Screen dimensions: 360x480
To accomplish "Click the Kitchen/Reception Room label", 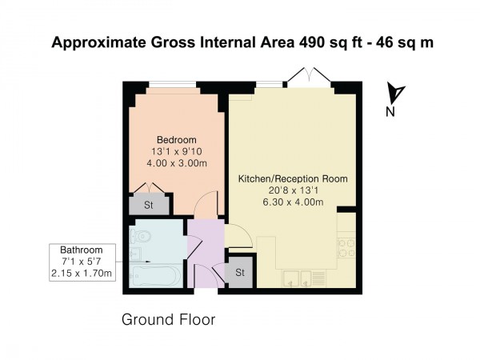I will click(293, 178).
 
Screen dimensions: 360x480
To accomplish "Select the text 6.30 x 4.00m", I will click(293, 202).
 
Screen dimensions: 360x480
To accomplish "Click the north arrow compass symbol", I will click(394, 94).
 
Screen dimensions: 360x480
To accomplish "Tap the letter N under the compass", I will click(390, 113).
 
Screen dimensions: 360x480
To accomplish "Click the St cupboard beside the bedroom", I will click(149, 205).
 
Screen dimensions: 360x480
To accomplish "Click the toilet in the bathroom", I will click(142, 238).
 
